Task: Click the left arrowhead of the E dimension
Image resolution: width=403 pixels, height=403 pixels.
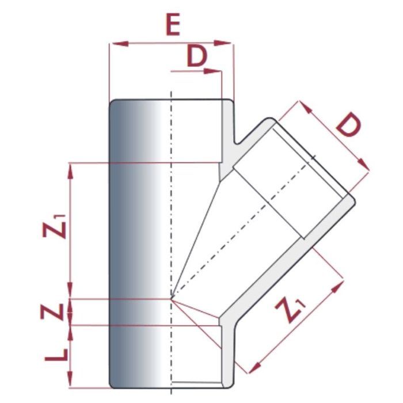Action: tap(113, 42)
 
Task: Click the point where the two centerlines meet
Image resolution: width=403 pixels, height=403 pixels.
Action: tap(171, 298)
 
